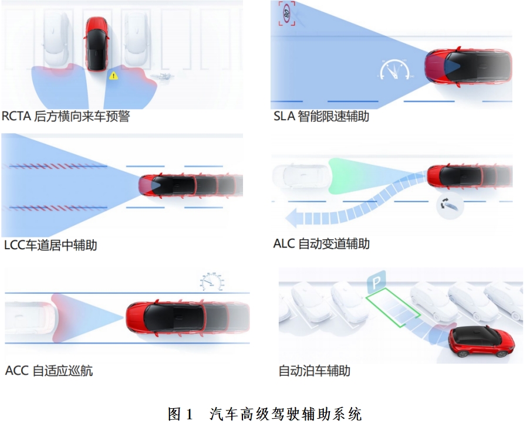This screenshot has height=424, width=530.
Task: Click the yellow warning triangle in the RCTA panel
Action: tap(114, 76)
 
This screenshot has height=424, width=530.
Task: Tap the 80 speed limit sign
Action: tap(287, 13)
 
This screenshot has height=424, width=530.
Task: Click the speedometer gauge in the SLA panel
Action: tap(394, 70)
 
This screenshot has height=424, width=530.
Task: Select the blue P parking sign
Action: tap(376, 281)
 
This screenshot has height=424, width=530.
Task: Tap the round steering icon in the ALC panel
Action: tap(450, 205)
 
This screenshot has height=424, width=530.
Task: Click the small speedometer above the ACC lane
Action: tap(212, 281)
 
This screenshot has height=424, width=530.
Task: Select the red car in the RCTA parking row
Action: tap(96, 44)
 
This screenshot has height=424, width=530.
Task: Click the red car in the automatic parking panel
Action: tap(482, 341)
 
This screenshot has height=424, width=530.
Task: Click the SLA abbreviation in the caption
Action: tap(284, 116)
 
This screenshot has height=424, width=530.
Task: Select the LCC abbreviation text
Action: tap(15, 245)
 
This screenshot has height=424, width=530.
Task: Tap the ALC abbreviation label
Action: tap(284, 243)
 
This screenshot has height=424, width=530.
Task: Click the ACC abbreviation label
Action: tap(17, 371)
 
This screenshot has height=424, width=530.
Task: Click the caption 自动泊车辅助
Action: tap(315, 371)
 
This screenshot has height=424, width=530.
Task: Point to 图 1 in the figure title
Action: tap(181, 414)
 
